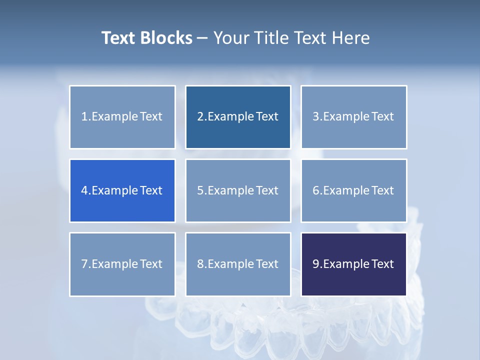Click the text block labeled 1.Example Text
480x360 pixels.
pyautogui.click(x=122, y=117)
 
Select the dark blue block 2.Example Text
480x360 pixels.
pyautogui.click(x=238, y=117)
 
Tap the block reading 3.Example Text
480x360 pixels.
pyautogui.click(x=353, y=117)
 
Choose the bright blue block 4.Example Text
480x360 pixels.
pyautogui.click(x=122, y=190)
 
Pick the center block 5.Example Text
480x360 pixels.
pyautogui.click(x=238, y=190)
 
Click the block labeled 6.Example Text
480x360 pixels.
pyautogui.click(x=353, y=190)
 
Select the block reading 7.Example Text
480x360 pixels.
pyautogui.click(x=122, y=264)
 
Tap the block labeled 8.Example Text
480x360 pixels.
pyautogui.click(x=238, y=264)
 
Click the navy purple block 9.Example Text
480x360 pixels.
pyautogui.click(x=353, y=264)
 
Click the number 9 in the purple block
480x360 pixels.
pyautogui.click(x=316, y=264)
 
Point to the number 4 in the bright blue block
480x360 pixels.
pyautogui.click(x=84, y=190)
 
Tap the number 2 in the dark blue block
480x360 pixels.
pyautogui.click(x=200, y=117)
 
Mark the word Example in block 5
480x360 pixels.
pyautogui.click(x=231, y=190)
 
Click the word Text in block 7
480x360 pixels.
pyautogui.click(x=151, y=264)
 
